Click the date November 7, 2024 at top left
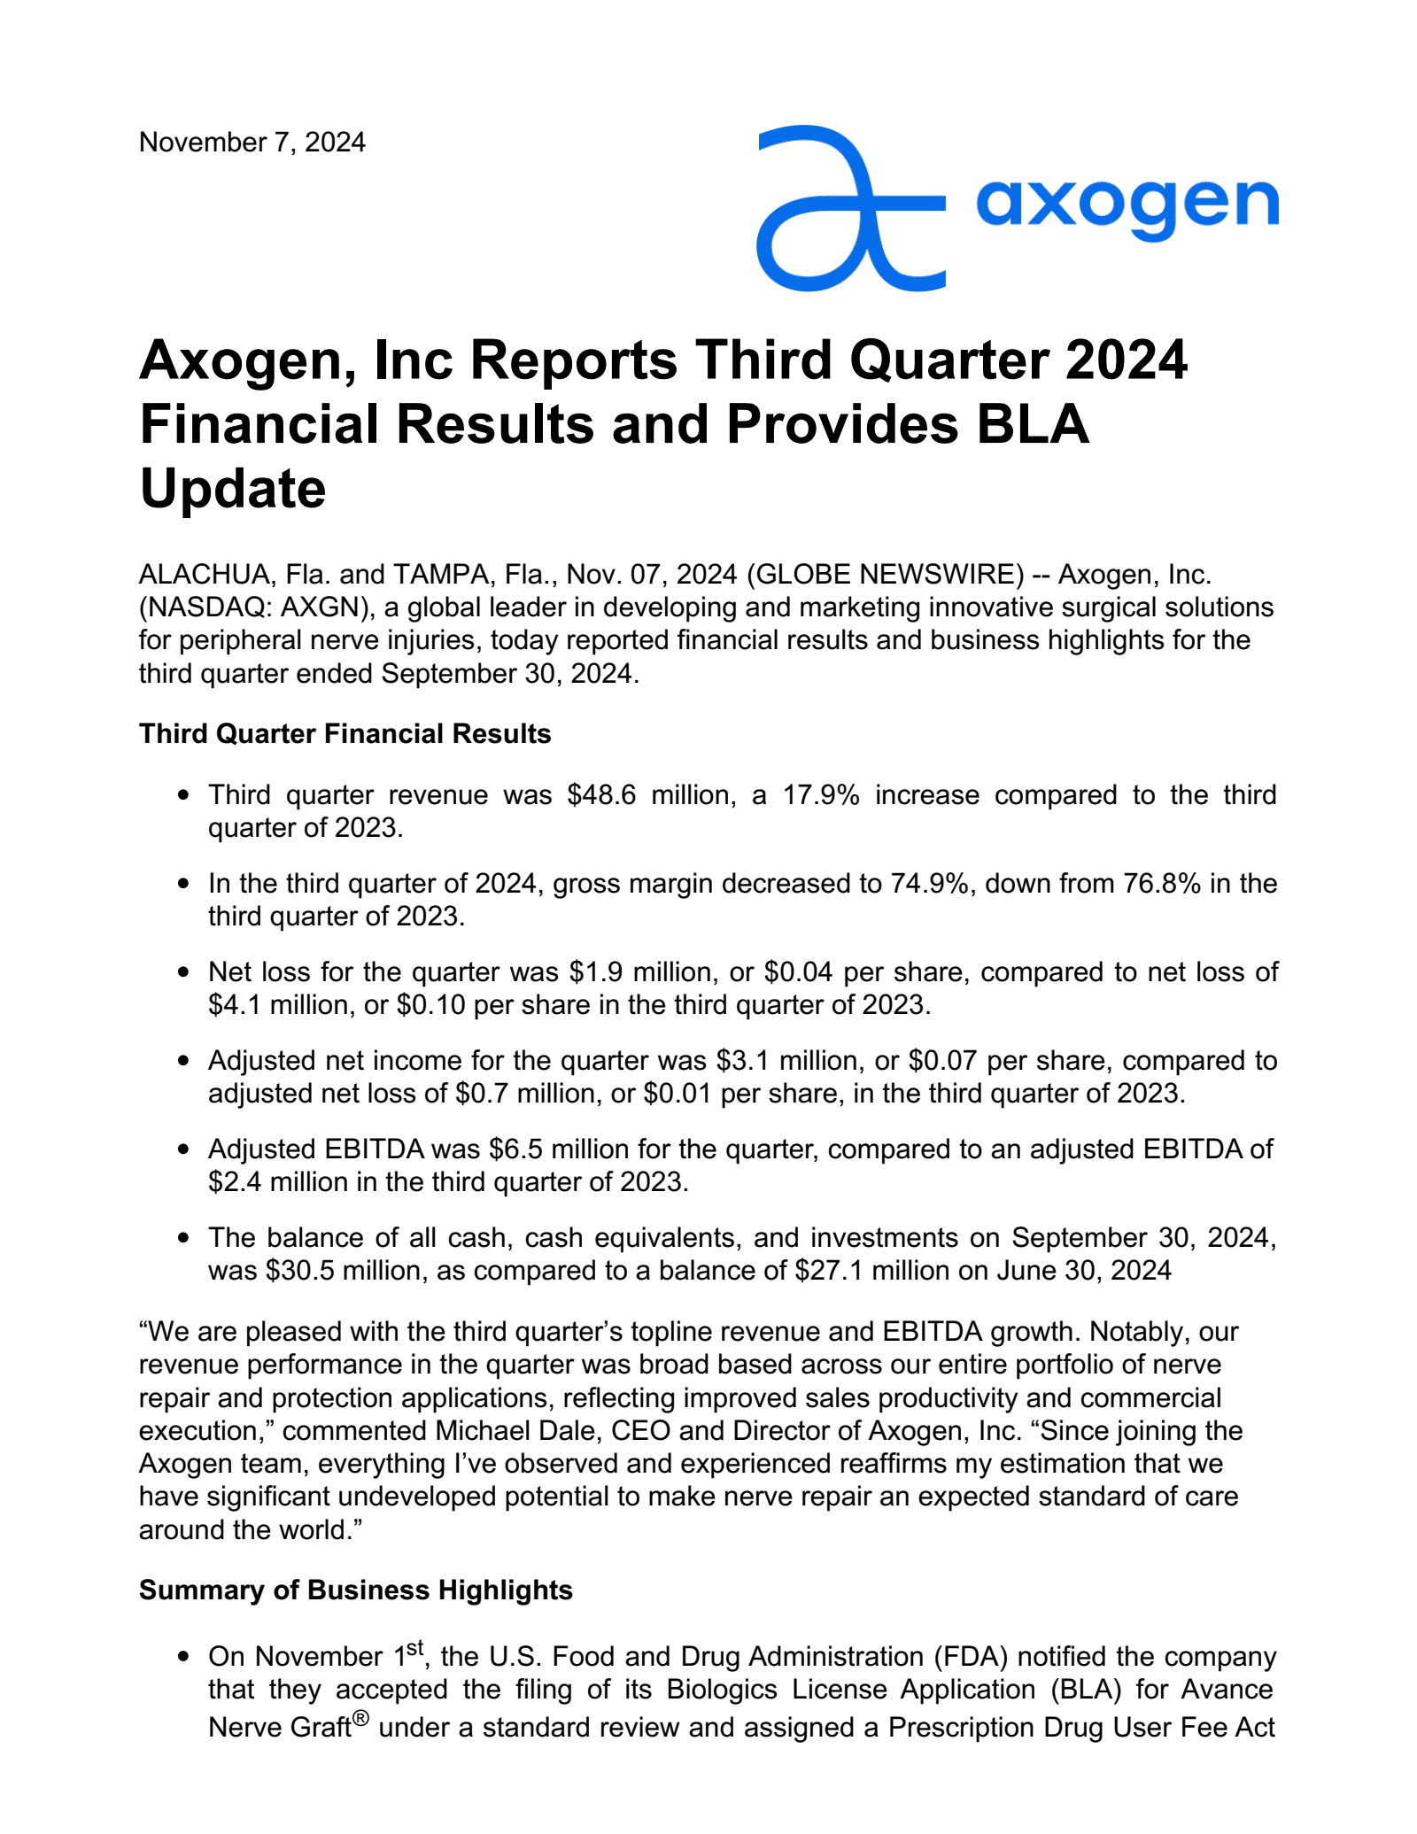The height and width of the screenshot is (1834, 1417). tap(252, 143)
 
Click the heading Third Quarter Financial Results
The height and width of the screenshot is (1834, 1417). tap(345, 734)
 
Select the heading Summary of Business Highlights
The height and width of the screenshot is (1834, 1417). tap(355, 1590)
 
